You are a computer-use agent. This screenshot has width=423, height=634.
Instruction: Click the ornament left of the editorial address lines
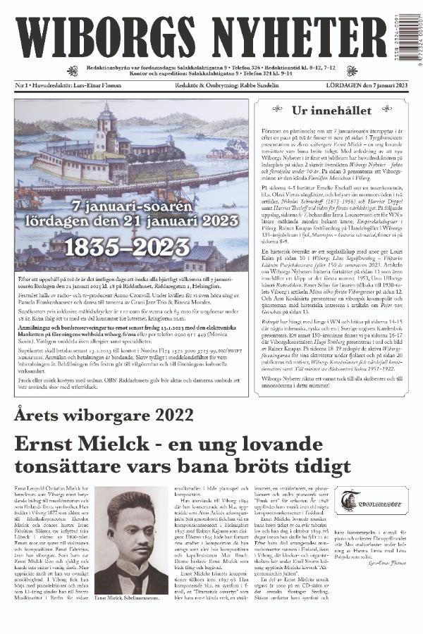click(72, 71)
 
